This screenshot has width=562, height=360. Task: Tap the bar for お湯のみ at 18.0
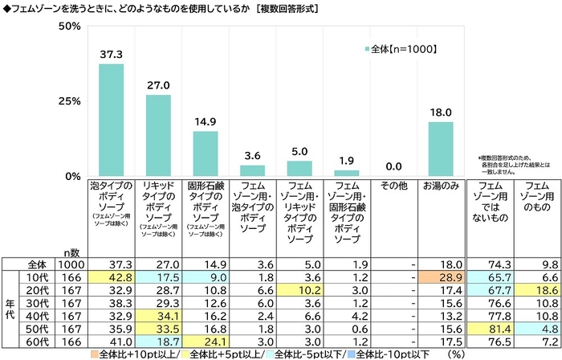441,149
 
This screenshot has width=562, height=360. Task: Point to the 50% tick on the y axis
70,27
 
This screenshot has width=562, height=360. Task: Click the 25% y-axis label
70,101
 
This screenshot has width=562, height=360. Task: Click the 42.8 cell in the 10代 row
111,276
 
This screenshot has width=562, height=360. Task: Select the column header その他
393,186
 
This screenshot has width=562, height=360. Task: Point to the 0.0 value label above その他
393,166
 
